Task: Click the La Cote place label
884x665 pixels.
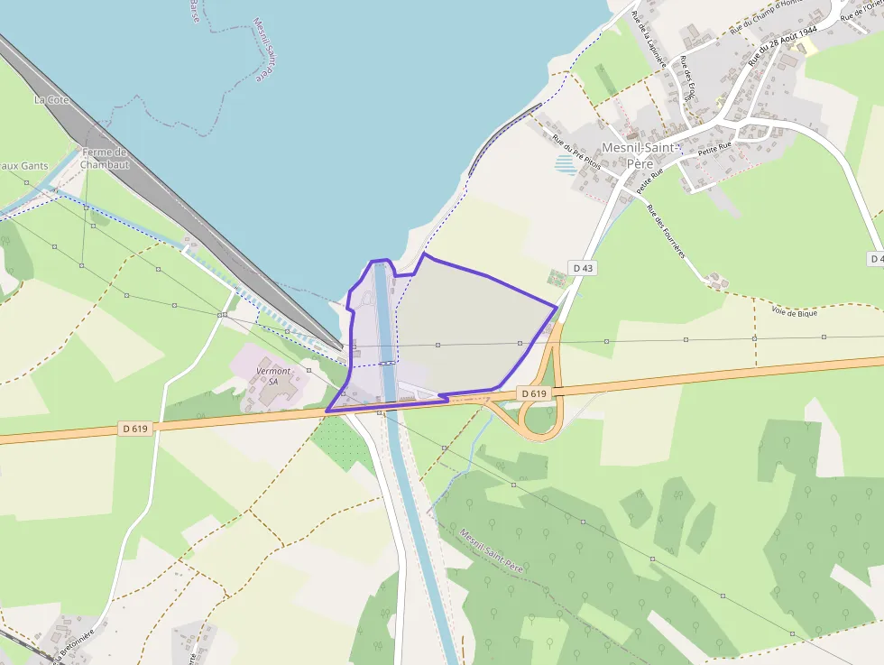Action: (x=51, y=99)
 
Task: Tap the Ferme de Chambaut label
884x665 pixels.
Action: (x=105, y=159)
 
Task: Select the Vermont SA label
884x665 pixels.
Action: (x=273, y=375)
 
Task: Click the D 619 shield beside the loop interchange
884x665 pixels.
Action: (x=533, y=394)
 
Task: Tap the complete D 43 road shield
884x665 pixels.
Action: (x=584, y=268)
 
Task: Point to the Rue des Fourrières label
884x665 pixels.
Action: (x=668, y=231)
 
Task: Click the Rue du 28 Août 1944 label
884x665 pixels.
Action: (x=782, y=45)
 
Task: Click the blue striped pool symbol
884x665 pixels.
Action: (x=565, y=164)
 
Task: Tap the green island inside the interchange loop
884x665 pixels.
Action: (x=540, y=420)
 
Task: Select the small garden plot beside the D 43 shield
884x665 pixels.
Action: (x=557, y=278)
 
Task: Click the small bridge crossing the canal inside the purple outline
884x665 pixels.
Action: (x=386, y=363)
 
